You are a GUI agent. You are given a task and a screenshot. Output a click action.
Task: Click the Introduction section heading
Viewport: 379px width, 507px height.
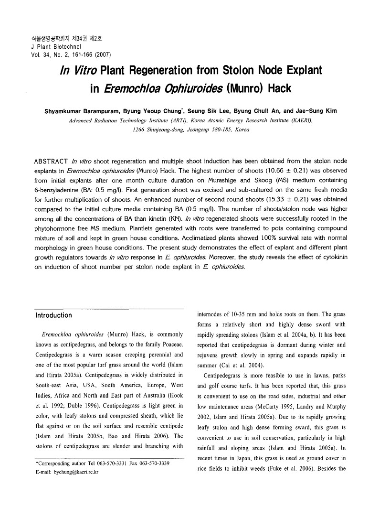(x=54, y=315)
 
